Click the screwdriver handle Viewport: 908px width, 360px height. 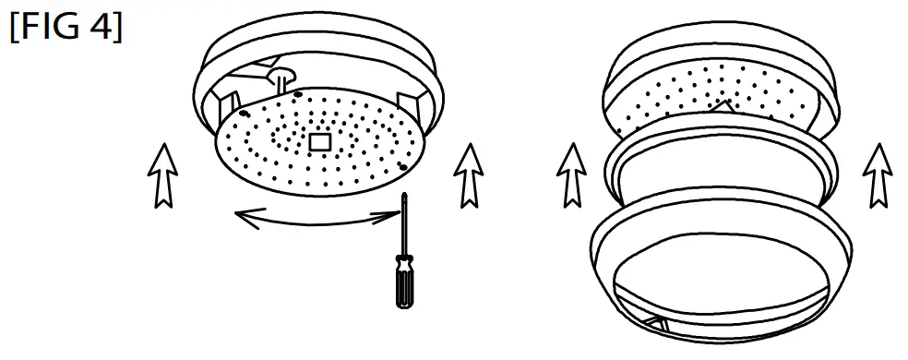pyautogui.click(x=401, y=282)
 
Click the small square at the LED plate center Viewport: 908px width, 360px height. pyautogui.click(x=319, y=141)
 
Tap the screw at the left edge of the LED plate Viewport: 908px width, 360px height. pyautogui.click(x=243, y=112)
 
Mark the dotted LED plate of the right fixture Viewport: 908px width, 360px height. pyautogui.click(x=683, y=92)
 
